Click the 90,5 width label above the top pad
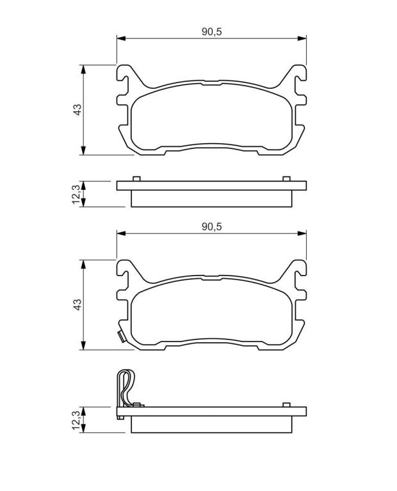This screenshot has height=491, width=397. pos(211,31)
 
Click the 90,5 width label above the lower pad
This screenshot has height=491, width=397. pos(211,226)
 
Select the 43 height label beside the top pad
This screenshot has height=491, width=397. pos(77,109)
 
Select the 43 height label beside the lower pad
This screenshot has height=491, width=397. pos(77,304)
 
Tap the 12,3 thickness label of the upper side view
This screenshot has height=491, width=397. pos(77,194)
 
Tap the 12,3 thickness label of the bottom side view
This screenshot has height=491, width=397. pos(77,420)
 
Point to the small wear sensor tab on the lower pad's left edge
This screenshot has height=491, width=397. pos(121,337)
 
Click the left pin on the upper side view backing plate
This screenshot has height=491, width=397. pos(136,179)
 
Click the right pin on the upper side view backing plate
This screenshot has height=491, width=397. pos(286,179)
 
